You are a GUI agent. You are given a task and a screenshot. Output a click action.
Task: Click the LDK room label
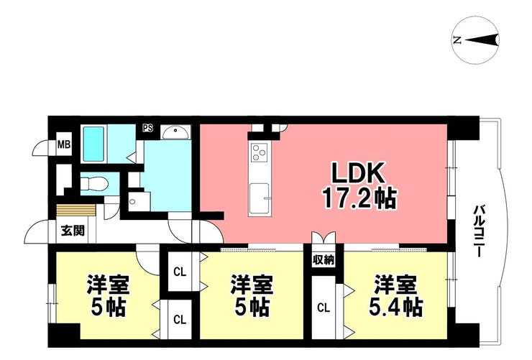[x=358, y=173]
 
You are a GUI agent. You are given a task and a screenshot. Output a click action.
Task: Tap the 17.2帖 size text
[x=359, y=198]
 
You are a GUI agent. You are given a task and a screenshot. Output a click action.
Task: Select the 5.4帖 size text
[x=395, y=307]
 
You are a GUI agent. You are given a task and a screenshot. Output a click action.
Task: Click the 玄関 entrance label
[x=73, y=231]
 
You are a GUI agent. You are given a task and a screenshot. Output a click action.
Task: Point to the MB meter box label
[x=64, y=145]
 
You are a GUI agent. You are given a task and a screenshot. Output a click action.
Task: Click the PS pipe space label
[x=147, y=129]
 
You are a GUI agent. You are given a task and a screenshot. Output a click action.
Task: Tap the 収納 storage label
[x=324, y=260]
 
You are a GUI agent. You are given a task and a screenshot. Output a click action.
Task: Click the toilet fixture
[x=94, y=184]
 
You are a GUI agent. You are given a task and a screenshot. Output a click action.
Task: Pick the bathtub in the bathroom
[x=93, y=144]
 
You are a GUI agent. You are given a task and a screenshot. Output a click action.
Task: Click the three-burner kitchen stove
[x=260, y=152]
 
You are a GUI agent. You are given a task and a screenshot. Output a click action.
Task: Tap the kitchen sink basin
[x=260, y=198]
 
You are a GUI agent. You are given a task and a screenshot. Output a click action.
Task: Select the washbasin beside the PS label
[x=175, y=132]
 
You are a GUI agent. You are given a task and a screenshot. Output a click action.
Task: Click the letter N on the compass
[x=457, y=41]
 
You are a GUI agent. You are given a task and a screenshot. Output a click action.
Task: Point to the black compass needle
[x=482, y=40]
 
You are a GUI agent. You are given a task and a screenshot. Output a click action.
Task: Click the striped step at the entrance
[x=76, y=210]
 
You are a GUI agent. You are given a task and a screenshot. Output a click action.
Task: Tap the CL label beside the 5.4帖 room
[x=324, y=308]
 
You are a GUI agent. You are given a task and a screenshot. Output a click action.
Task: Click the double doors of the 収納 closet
[x=324, y=238]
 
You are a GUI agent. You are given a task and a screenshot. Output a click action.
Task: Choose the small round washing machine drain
[x=132, y=202]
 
